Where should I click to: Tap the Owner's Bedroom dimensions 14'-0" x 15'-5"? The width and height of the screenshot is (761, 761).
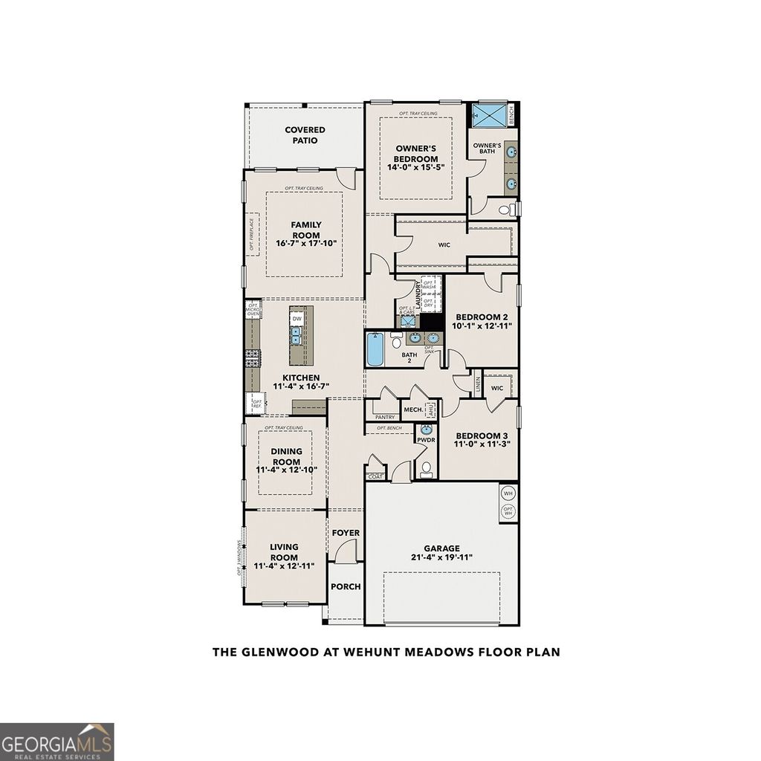point(415,167)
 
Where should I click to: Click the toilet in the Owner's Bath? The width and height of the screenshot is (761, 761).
point(506,210)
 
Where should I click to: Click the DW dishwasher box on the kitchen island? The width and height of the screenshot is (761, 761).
point(297,319)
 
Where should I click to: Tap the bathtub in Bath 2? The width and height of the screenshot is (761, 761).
point(375,349)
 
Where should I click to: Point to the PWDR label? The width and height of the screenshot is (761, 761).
point(426,440)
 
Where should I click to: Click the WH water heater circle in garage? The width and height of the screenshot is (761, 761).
point(508,493)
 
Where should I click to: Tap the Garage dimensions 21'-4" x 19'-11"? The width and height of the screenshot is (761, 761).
point(442,557)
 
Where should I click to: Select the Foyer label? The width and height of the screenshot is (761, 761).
point(346,533)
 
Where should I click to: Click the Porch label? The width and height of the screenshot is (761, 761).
point(346,586)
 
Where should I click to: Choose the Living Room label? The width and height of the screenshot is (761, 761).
point(284,552)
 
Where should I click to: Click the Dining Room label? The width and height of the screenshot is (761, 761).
point(286,456)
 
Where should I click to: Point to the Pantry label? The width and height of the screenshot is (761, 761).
point(385,418)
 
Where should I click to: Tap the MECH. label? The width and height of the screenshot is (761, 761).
point(413,409)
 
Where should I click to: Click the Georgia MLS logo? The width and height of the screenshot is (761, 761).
point(57,741)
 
